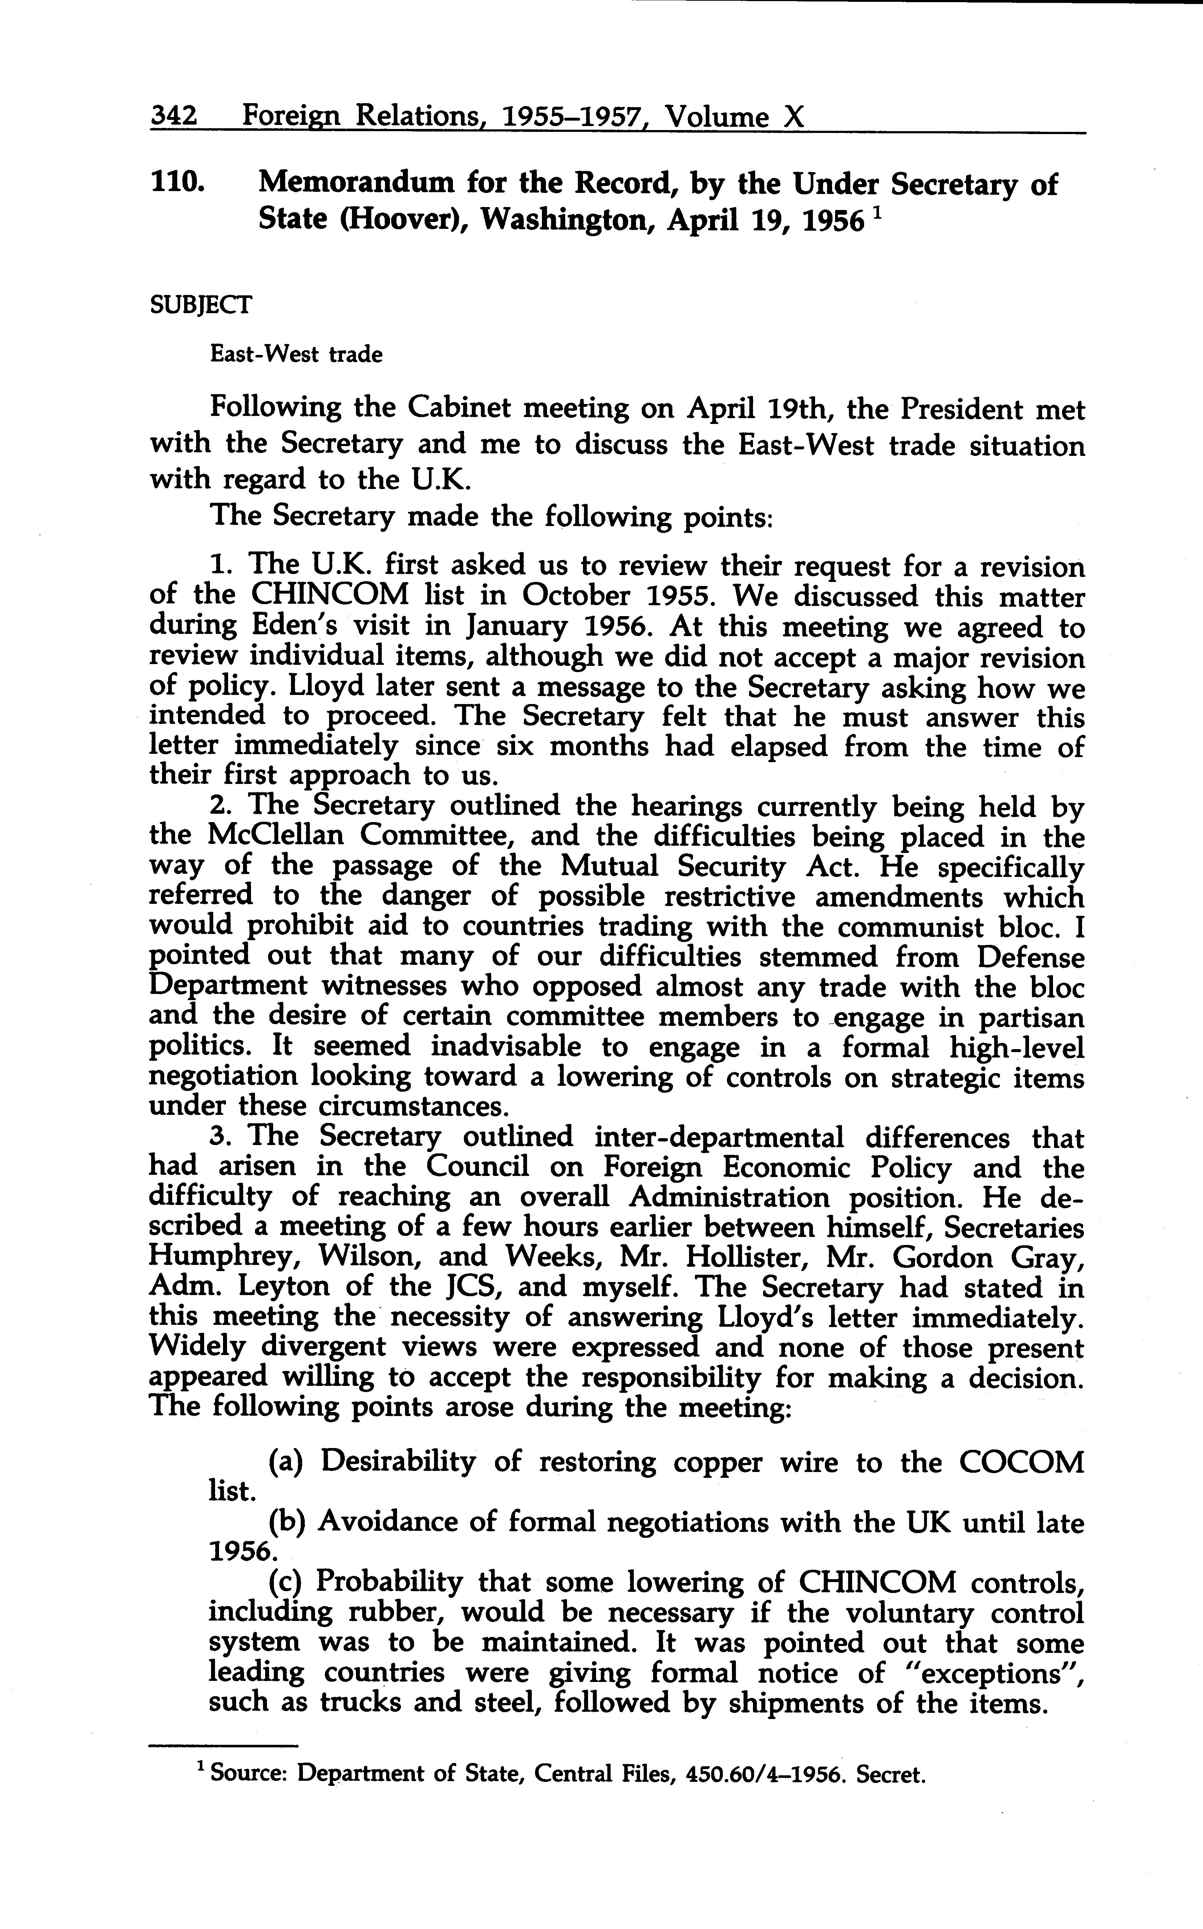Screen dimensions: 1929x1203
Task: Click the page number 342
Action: pos(174,117)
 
